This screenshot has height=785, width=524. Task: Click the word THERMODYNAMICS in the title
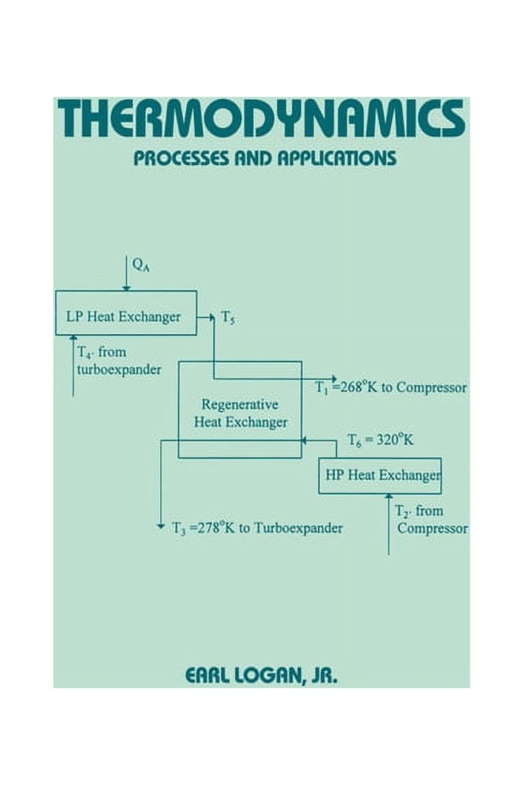point(261,118)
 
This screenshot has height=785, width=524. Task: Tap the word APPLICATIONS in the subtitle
point(337,158)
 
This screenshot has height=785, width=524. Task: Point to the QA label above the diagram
point(141,266)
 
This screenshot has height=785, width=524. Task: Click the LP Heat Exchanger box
point(126,313)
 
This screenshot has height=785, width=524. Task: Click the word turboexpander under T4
point(119,369)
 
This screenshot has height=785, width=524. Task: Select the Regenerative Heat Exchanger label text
point(240,413)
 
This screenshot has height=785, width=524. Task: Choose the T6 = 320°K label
point(380,440)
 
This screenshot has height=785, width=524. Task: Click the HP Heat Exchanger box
point(380,476)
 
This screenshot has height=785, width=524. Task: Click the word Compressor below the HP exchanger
point(432,529)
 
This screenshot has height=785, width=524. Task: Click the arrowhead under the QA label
point(126,287)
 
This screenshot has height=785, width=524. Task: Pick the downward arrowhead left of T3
point(161,526)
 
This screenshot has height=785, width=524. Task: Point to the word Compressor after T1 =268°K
point(431,388)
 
